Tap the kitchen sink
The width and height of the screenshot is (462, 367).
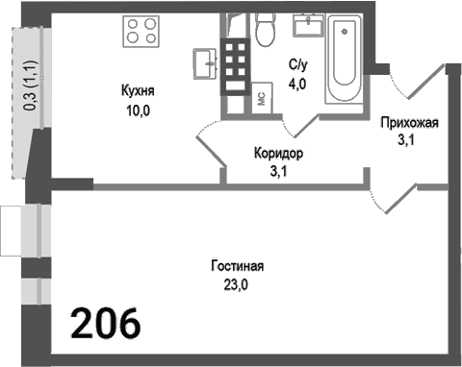click(205, 64)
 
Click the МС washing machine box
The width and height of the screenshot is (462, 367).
click(260, 97)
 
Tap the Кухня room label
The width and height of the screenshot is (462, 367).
click(139, 91)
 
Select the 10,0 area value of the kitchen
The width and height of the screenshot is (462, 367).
click(139, 110)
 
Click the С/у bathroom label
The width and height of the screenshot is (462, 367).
click(298, 64)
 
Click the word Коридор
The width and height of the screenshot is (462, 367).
click(279, 154)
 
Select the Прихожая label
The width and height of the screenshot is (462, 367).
click(410, 122)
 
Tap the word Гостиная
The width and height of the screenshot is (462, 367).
click(236, 266)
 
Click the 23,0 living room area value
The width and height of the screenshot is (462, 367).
click(236, 284)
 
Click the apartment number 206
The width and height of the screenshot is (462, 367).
click(106, 323)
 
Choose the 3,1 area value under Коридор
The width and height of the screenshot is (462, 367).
click(279, 172)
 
